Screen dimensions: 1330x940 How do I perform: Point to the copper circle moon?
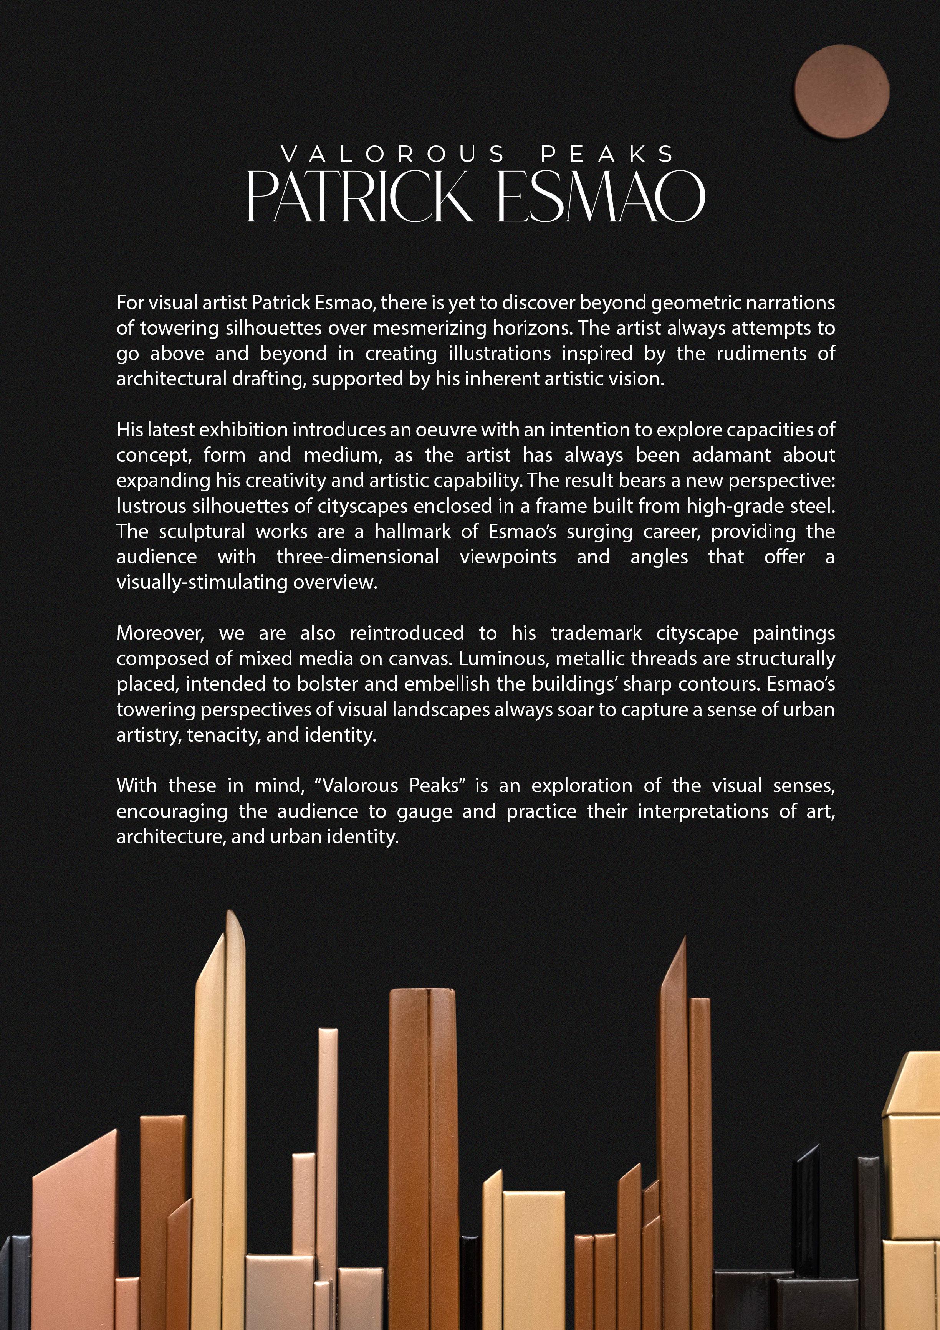tap(841, 91)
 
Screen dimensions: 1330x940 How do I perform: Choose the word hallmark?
tap(412, 532)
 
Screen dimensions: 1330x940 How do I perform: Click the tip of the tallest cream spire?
tap(232, 915)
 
